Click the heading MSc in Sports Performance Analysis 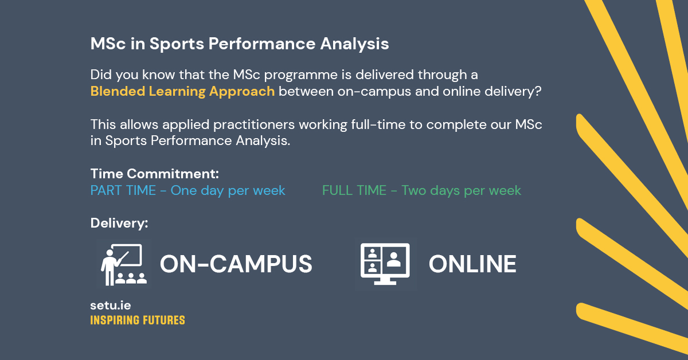(x=240, y=44)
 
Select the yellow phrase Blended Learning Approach (x=182, y=92)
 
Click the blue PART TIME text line (x=187, y=191)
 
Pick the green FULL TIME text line (x=421, y=191)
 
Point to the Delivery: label (x=119, y=223)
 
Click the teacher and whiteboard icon (x=123, y=264)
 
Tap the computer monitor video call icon (x=385, y=264)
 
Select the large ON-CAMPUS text (x=236, y=264)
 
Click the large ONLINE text (x=472, y=264)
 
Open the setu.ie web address (x=110, y=306)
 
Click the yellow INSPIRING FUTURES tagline (x=138, y=320)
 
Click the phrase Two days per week (x=461, y=191)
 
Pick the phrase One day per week (x=228, y=191)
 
